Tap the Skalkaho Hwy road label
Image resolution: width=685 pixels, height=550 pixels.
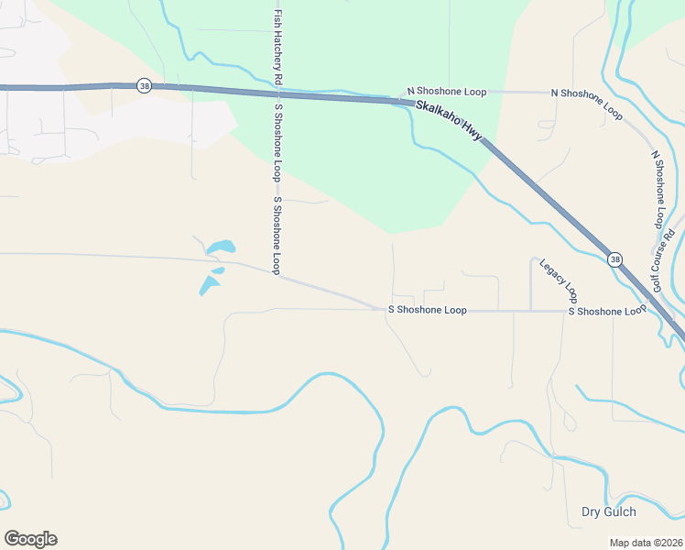tap(450, 121)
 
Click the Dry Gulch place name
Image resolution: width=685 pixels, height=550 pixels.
tap(609, 511)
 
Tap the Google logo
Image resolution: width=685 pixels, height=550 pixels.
tap(30, 539)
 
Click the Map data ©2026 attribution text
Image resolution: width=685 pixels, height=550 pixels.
tap(645, 543)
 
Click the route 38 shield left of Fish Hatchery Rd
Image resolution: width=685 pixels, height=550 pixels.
tap(144, 85)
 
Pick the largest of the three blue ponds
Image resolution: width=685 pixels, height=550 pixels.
tap(221, 247)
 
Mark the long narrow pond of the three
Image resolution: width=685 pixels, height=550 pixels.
tap(208, 286)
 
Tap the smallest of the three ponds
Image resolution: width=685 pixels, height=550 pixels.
tap(218, 270)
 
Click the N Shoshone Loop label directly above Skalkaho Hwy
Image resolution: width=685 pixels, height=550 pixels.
tap(447, 93)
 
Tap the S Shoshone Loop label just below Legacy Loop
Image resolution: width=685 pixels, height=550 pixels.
tap(607, 312)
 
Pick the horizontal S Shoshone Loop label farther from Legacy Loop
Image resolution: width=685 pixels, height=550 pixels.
tap(427, 310)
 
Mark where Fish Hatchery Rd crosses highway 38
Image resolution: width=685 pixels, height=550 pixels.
tap(277, 93)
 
